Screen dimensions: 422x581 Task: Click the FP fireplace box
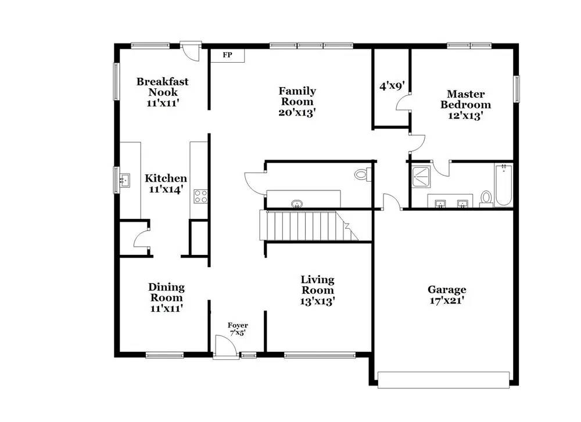[227, 56]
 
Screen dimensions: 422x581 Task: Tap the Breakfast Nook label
[162, 86]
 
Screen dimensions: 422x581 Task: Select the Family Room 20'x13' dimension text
[297, 113]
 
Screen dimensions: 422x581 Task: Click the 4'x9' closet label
[392, 86]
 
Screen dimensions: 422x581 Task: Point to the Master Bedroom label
[465, 99]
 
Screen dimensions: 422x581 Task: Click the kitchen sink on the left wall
[124, 179]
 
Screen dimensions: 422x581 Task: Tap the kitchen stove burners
[201, 196]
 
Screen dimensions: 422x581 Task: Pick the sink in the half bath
[297, 203]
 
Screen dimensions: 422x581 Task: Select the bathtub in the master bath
[503, 185]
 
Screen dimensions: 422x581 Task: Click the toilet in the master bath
[486, 198]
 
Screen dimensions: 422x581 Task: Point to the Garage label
[447, 290]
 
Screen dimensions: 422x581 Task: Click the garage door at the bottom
[444, 383]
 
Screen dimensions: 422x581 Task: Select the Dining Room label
[166, 292]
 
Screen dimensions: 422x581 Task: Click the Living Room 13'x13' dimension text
[317, 301]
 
